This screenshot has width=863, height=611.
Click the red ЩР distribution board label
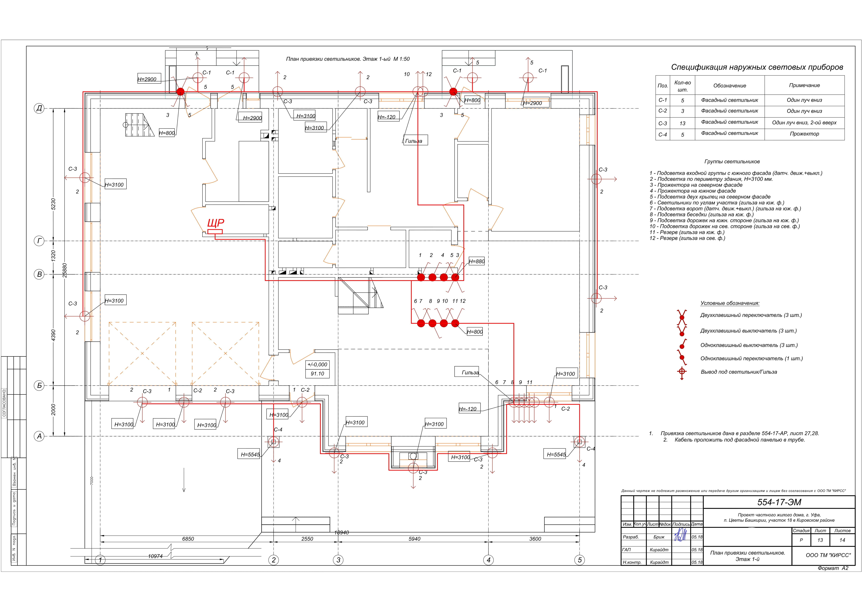click(216, 223)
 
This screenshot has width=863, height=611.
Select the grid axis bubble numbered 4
click(488, 560)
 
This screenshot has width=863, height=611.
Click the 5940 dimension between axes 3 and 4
click(415, 539)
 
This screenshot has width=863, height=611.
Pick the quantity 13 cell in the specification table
click(682, 123)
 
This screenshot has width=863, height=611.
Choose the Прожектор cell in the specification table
click(804, 134)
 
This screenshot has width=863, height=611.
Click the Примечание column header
click(804, 85)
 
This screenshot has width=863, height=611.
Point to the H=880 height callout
click(477, 261)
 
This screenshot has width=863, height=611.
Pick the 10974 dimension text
click(155, 556)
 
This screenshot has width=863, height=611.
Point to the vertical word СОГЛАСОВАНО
click(5, 403)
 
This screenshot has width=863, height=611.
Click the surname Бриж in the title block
click(659, 537)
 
